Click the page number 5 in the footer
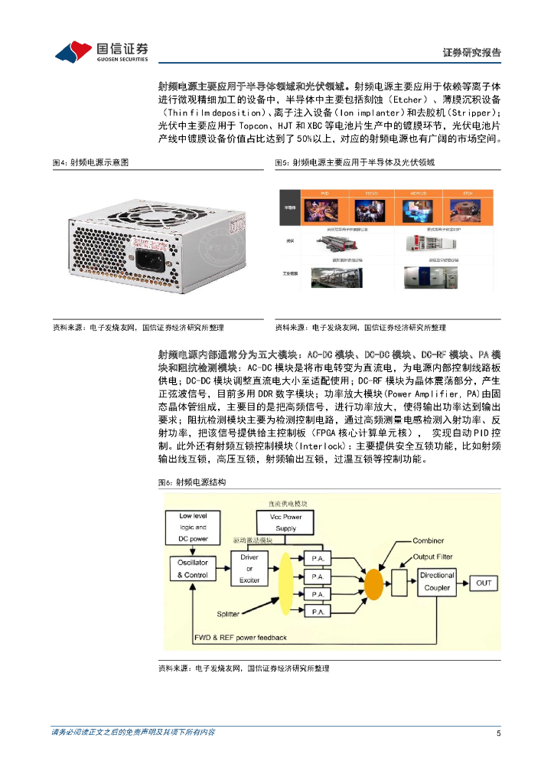(498, 733)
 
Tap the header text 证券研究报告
(472, 53)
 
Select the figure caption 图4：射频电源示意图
(90, 162)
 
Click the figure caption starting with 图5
(354, 162)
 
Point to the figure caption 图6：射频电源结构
(191, 482)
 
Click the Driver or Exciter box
(249, 569)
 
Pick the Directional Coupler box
(437, 581)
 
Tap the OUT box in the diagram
(484, 583)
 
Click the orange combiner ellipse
(373, 584)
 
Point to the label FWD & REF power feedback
(240, 637)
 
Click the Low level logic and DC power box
(193, 528)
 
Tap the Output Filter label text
(433, 557)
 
